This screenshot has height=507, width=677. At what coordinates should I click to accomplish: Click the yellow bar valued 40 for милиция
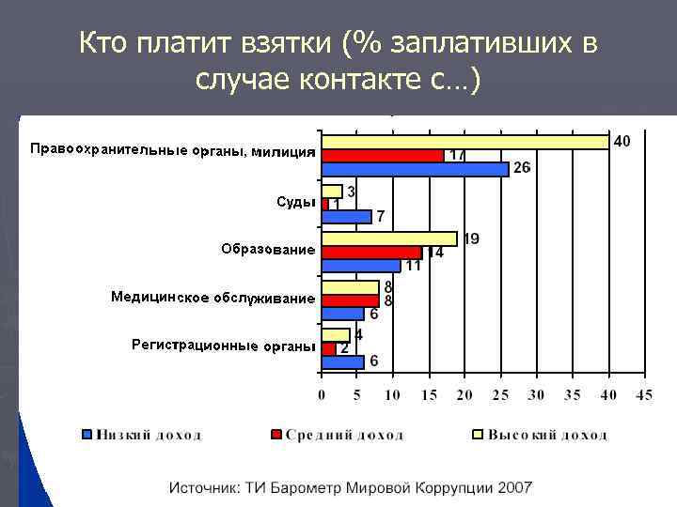pos(465,142)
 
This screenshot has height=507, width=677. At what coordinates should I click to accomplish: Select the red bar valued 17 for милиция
pos(383,155)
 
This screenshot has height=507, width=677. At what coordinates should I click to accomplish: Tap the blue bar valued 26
pos(415,168)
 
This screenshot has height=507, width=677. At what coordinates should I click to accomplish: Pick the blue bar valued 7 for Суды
pos(346,217)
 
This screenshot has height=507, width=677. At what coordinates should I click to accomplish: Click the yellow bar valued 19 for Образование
pos(389,239)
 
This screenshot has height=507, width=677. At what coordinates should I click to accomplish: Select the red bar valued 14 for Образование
pos(371,253)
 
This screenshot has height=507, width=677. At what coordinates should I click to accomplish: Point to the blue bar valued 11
pos(361,266)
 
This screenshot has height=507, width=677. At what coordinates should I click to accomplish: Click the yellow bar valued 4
pos(336,335)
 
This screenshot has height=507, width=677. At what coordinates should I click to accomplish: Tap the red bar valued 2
pos(328,348)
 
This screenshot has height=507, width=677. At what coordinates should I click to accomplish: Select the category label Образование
pos(267,250)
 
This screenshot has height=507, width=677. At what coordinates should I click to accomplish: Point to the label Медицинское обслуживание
pos(213,298)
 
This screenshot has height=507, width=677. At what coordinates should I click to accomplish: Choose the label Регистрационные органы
pos(222,346)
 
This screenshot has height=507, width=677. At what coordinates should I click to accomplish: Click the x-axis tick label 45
pos(643,396)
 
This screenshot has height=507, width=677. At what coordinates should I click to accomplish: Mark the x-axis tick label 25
pos(500,396)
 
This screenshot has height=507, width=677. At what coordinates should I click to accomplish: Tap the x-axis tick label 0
pos(322,396)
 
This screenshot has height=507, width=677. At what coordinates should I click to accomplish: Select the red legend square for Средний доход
pos(276,435)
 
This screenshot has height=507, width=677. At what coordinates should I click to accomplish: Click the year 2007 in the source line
pos(515,487)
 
